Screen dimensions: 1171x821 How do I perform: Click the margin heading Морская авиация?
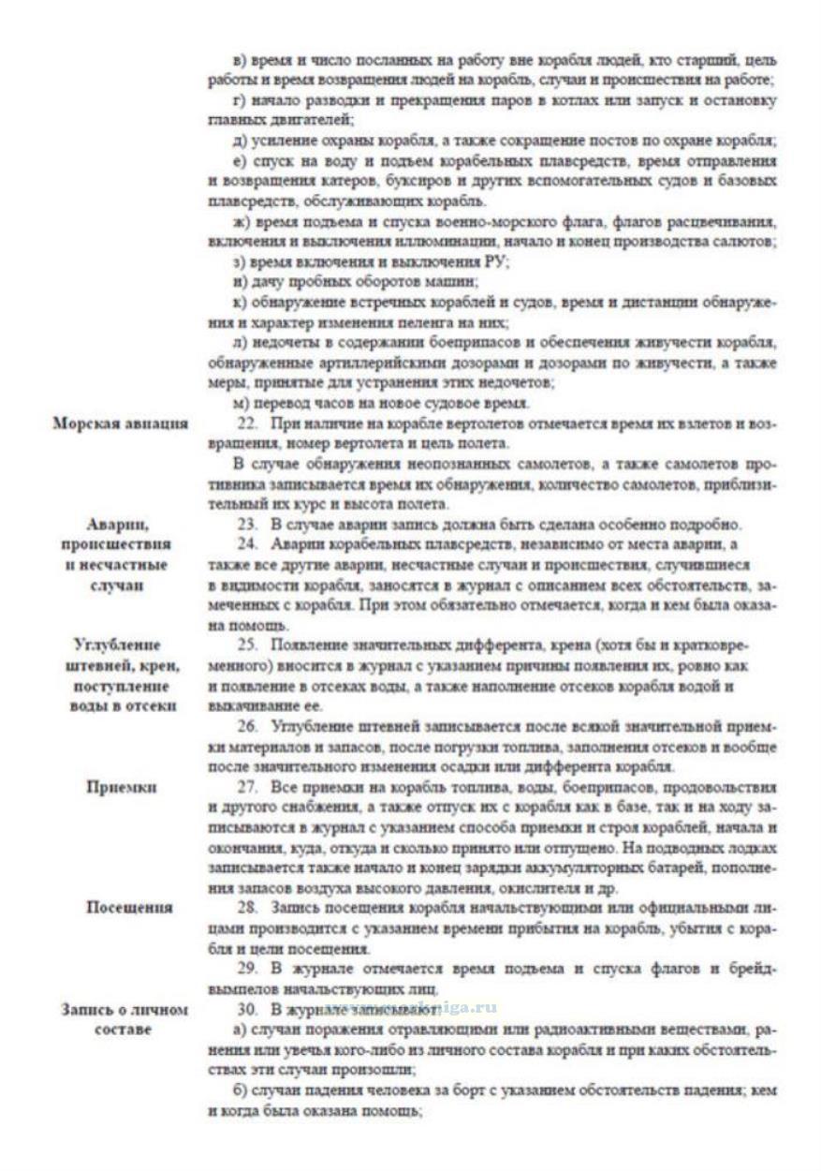tap(120, 423)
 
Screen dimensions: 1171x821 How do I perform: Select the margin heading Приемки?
tap(121, 787)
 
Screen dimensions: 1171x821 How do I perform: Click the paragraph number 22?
tap(247, 423)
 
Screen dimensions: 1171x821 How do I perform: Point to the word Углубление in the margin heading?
tap(117, 645)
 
